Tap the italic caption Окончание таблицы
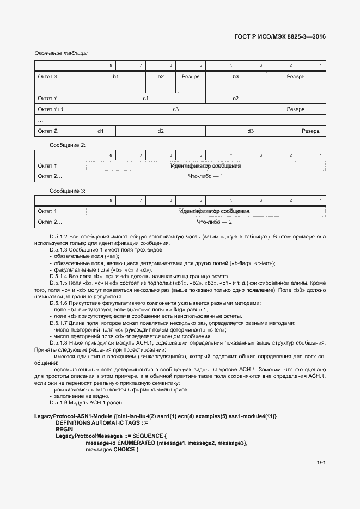point(61,53)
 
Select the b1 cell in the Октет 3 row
point(116,77)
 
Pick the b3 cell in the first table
point(236,77)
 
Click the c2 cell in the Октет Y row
point(236,99)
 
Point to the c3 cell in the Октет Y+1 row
point(176,109)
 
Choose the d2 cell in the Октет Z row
point(161,131)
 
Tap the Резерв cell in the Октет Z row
point(310,131)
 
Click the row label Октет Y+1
point(51,109)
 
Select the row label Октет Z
point(47,131)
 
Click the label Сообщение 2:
point(68,145)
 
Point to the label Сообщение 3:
point(68,191)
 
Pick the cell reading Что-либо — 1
point(206,177)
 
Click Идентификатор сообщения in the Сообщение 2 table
point(206,165)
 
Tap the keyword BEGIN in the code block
point(64,429)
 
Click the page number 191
point(320,462)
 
